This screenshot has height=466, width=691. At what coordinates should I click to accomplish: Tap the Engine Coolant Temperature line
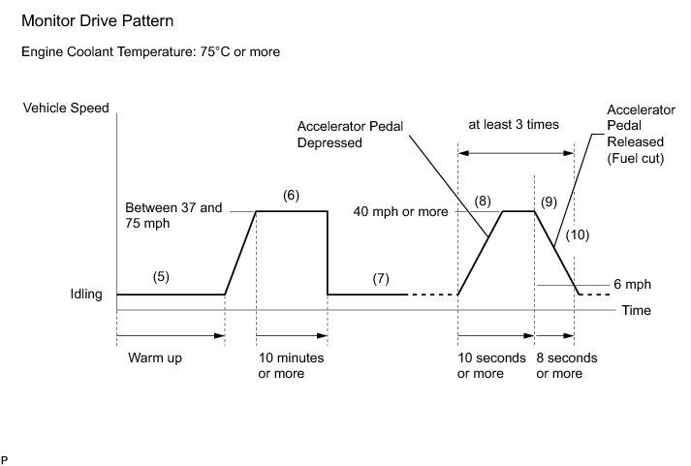click(x=150, y=51)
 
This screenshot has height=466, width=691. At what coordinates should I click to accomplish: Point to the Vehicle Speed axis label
click(x=66, y=109)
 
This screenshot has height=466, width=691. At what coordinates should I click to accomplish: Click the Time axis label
click(x=636, y=311)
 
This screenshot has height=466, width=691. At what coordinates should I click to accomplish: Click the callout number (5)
click(x=162, y=275)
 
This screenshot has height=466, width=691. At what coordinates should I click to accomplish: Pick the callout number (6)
click(x=291, y=195)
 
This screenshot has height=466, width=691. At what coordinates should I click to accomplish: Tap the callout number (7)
click(x=381, y=279)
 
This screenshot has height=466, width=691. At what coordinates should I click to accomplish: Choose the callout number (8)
click(x=484, y=201)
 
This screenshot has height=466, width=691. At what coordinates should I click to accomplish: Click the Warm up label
click(x=154, y=357)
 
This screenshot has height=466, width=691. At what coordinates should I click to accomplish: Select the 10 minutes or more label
click(x=291, y=365)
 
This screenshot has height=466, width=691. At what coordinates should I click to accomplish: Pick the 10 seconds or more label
click(x=491, y=365)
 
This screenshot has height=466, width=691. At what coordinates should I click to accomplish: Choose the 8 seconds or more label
click(x=567, y=365)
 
